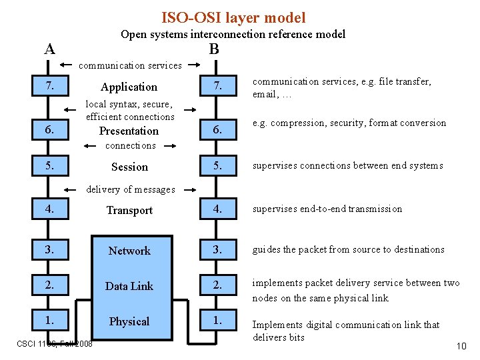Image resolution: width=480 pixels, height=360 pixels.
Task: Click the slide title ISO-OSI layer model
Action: pos(233,18)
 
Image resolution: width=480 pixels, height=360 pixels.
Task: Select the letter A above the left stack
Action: pos(49,49)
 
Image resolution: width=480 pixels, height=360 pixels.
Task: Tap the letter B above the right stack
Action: pos(213,49)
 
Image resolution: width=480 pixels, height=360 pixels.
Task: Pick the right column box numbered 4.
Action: pos(218,209)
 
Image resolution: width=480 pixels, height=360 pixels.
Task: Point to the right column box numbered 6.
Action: pos(218,131)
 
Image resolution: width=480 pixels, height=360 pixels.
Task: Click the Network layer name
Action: pos(129,251)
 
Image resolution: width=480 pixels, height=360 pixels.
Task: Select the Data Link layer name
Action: pos(129,286)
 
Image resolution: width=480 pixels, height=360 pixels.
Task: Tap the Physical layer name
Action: pos(129,321)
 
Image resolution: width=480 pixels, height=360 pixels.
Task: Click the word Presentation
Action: pos(129,131)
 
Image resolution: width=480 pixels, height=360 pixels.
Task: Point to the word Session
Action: pos(129,167)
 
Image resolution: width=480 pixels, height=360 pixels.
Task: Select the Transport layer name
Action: pos(129,210)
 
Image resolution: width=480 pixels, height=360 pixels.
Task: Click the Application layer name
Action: pos(129,87)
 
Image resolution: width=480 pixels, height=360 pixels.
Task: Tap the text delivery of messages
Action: pos(131,189)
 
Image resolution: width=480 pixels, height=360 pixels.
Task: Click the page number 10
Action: pos(461,346)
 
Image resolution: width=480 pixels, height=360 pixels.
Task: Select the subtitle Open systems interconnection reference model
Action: pos(233,34)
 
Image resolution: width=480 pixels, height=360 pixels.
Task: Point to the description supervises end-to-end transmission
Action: pos(327,209)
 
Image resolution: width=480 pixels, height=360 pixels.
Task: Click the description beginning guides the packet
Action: pos(348,249)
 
